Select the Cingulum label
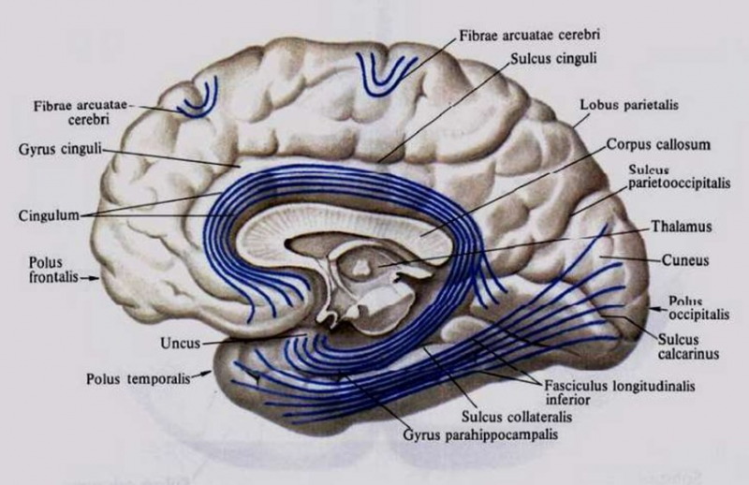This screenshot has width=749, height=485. click(x=45, y=213)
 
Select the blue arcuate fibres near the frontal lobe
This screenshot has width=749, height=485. click(x=198, y=99)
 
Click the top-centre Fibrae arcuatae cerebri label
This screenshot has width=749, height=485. click(x=529, y=34)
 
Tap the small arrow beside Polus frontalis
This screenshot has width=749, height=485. click(x=95, y=278)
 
